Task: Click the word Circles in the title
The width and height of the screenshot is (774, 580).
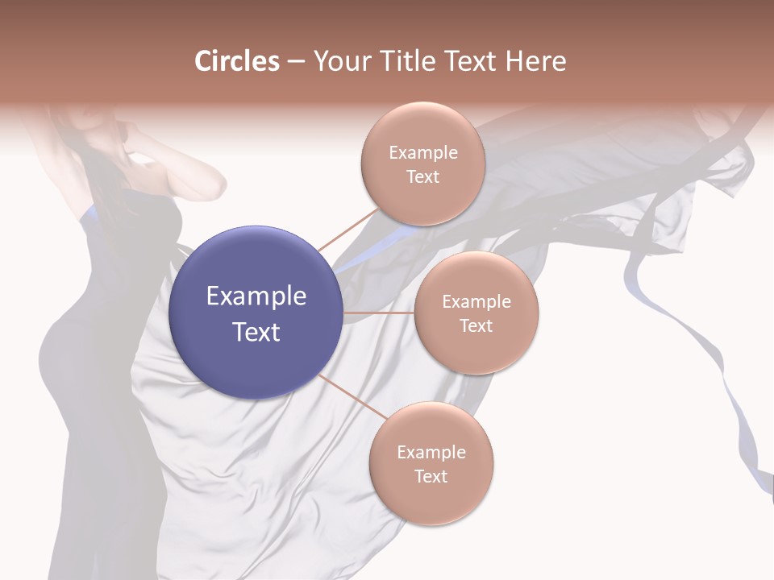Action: point(236,61)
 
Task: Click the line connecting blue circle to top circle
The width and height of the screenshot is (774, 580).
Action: point(347,229)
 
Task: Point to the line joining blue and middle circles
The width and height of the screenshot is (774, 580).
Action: point(379,313)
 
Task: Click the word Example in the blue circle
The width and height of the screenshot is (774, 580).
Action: point(256,296)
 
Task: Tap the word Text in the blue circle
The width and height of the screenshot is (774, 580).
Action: point(256,332)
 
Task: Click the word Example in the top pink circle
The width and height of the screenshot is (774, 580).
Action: point(422,153)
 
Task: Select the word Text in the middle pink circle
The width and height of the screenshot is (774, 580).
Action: point(476,326)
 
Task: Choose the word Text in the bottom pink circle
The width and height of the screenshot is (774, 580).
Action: point(431,477)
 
